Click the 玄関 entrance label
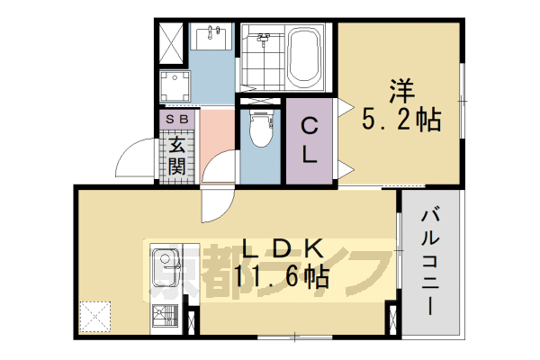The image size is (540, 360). (x=176, y=155)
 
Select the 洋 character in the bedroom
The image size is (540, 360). (x=402, y=92)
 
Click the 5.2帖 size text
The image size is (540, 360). (x=402, y=120)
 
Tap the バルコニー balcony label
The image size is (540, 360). (x=429, y=261)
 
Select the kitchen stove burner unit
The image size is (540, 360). (x=166, y=316)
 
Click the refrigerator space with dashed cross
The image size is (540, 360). (x=94, y=314)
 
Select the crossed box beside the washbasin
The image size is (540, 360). (x=172, y=37)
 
